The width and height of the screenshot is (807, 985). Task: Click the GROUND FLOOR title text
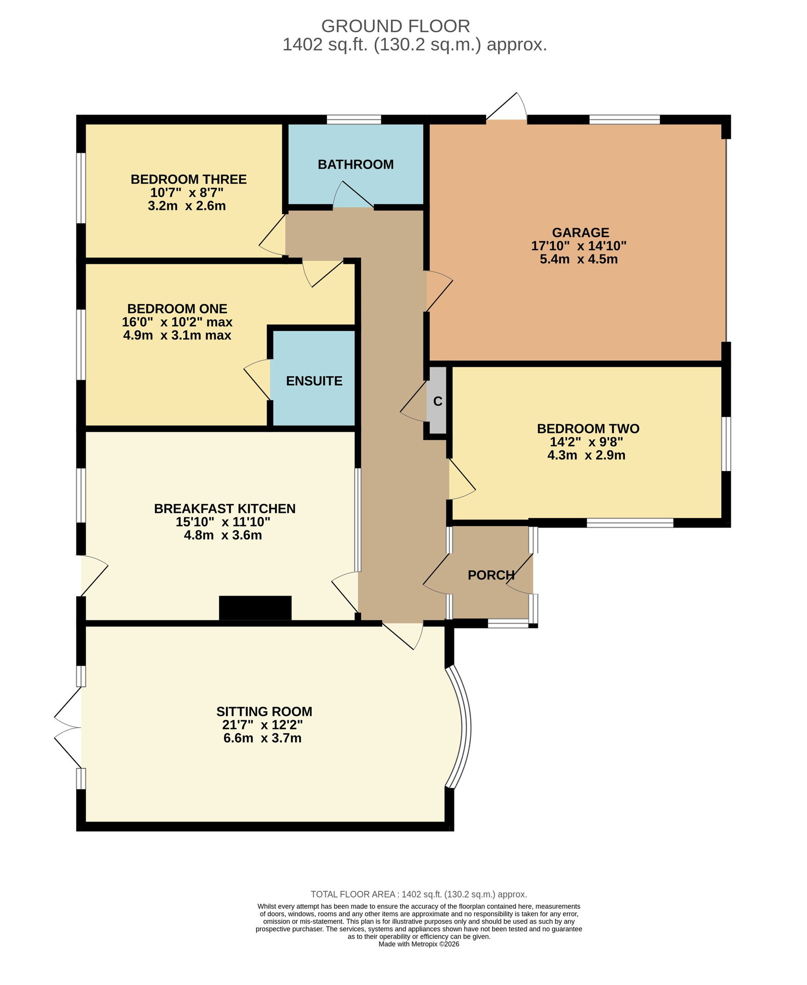click(395, 26)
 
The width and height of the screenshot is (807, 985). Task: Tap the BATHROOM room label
click(356, 164)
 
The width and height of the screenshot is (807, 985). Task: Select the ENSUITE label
click(314, 381)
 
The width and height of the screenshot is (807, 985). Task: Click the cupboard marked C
click(438, 401)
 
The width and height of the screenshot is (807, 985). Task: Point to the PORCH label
click(491, 575)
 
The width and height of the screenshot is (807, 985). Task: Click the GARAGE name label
click(581, 233)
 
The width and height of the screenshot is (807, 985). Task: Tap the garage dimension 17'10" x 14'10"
click(579, 246)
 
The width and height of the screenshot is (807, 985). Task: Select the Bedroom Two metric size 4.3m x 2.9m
click(586, 455)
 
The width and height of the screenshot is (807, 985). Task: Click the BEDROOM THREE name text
click(189, 179)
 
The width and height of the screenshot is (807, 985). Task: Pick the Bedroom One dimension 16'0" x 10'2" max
click(177, 322)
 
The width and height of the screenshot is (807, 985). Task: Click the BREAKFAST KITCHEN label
click(225, 508)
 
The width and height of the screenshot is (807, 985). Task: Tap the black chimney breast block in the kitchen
click(255, 608)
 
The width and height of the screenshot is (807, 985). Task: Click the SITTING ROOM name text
click(264, 712)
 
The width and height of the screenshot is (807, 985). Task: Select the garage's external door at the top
click(506, 107)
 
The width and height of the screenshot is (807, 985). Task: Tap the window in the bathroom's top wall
click(354, 120)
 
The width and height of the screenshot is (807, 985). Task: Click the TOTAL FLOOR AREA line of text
click(419, 894)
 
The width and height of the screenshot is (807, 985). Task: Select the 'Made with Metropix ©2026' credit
click(419, 944)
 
